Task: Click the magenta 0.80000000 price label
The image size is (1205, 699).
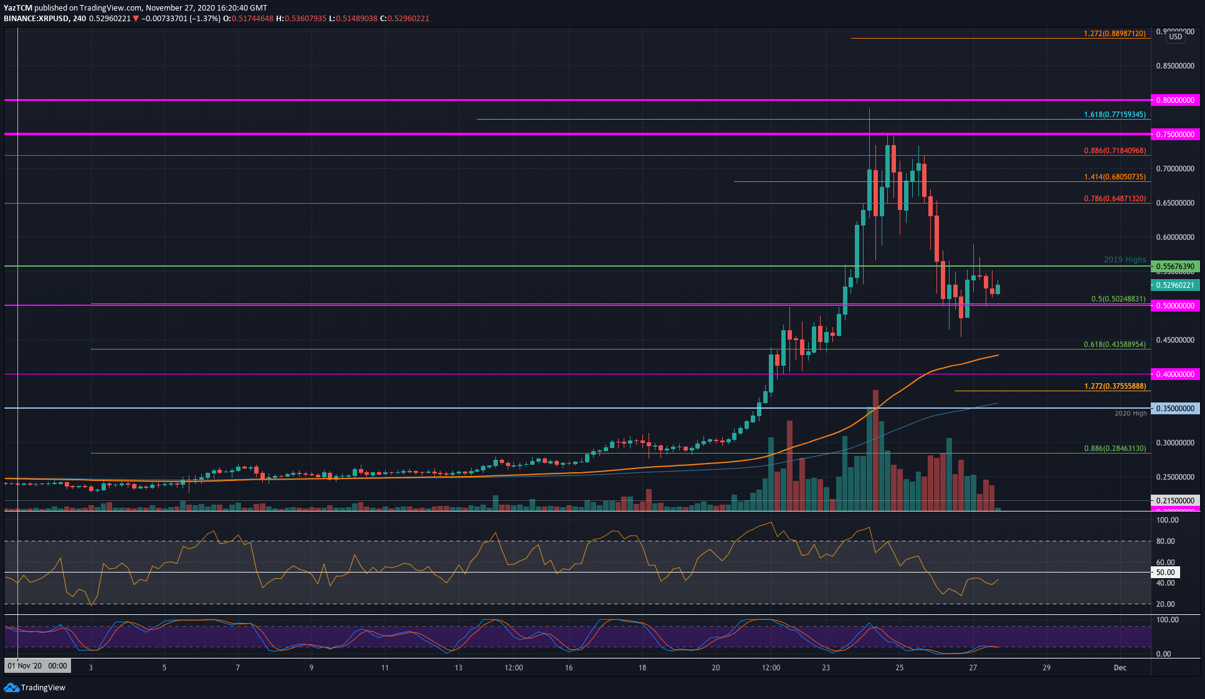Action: pyautogui.click(x=1175, y=100)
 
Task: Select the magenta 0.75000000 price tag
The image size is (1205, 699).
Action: pyautogui.click(x=1175, y=135)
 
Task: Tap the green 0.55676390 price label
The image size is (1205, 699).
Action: pyautogui.click(x=1175, y=267)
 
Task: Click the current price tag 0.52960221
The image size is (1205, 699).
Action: pyautogui.click(x=1175, y=285)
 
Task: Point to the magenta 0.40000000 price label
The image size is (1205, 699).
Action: pyautogui.click(x=1175, y=374)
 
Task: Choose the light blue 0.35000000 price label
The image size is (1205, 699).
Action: pyautogui.click(x=1175, y=409)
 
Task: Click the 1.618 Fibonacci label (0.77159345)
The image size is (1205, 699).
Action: pyautogui.click(x=1114, y=115)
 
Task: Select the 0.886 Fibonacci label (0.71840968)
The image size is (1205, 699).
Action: pyautogui.click(x=1114, y=151)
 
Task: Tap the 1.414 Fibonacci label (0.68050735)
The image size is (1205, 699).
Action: pyautogui.click(x=1114, y=177)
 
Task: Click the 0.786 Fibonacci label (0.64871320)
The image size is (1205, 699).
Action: pyautogui.click(x=1114, y=199)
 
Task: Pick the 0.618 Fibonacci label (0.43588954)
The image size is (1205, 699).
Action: pyautogui.click(x=1114, y=345)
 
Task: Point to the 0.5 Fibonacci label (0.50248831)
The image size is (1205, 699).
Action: pyautogui.click(x=1118, y=299)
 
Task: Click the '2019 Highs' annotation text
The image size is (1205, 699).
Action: pyautogui.click(x=1125, y=260)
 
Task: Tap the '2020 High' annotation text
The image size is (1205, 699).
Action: pyautogui.click(x=1130, y=414)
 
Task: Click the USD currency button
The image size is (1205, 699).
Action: pyautogui.click(x=1175, y=37)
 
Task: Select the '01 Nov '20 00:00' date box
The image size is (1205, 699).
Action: pyautogui.click(x=37, y=666)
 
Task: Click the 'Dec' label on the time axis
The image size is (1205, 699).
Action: pyautogui.click(x=1120, y=668)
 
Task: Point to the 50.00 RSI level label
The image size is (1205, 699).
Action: pyautogui.click(x=1165, y=573)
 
